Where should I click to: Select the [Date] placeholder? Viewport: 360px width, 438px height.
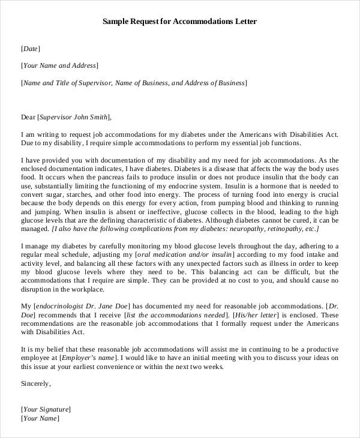[31, 49]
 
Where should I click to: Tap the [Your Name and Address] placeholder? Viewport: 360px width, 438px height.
[60, 65]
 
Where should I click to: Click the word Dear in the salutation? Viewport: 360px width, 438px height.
[28, 118]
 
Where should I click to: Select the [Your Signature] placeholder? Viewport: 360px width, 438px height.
[46, 409]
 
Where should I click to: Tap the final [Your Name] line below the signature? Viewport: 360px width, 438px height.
[40, 418]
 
